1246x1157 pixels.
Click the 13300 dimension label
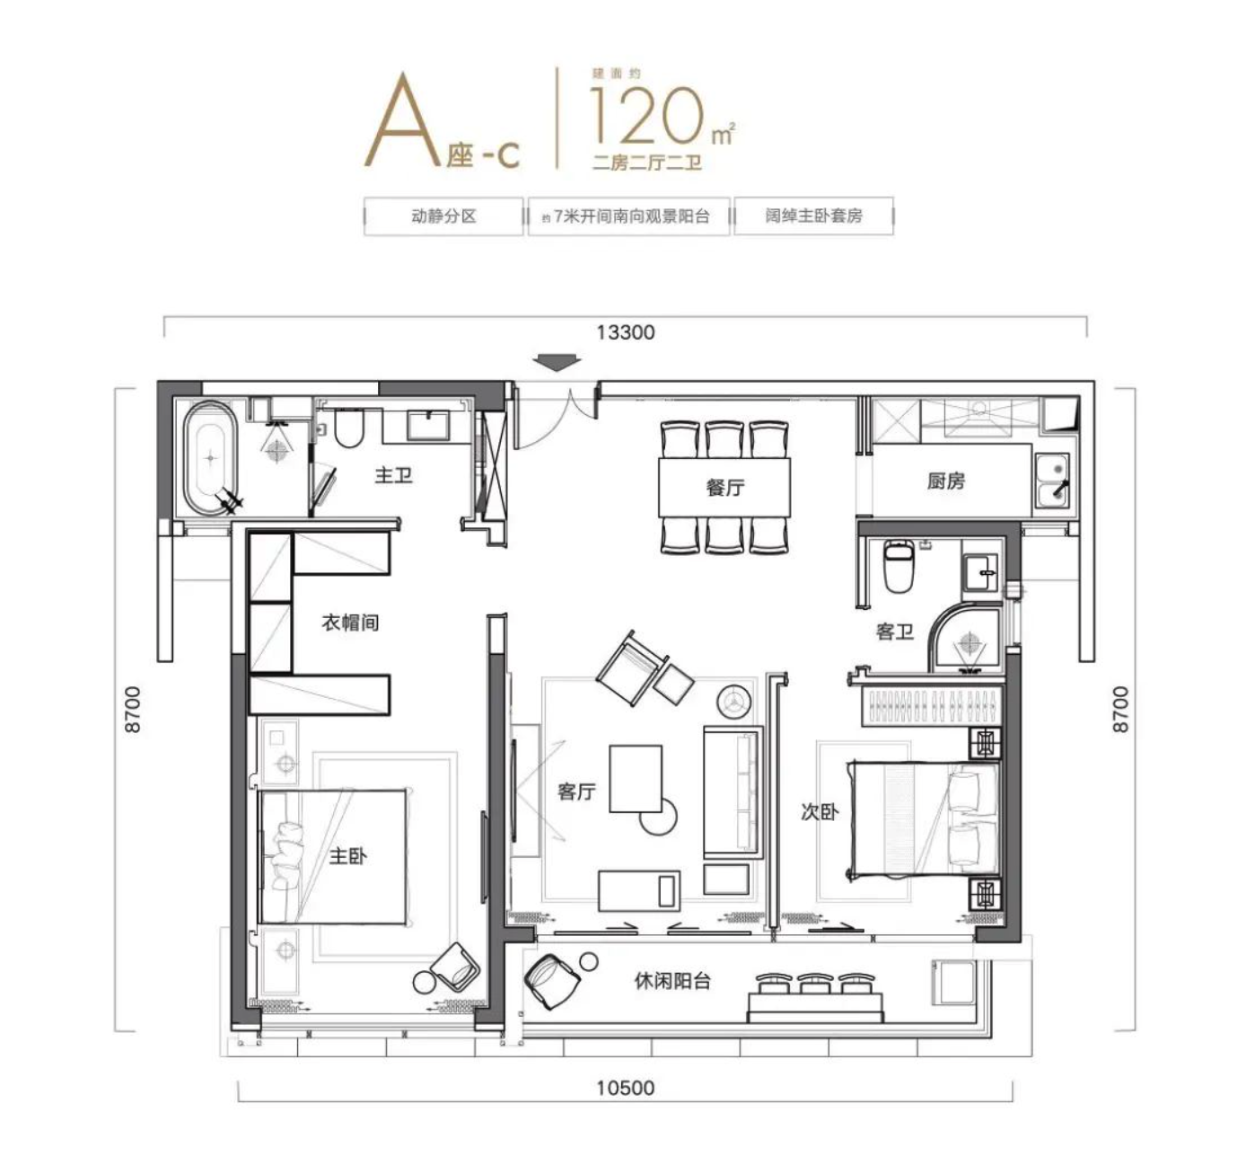click(x=626, y=332)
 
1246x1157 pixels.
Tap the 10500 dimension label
click(x=626, y=1088)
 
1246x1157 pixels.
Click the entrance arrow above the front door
click(x=557, y=362)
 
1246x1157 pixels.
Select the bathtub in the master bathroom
click(x=211, y=457)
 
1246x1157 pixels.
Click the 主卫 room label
click(x=393, y=474)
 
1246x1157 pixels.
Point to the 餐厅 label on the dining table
click(x=725, y=488)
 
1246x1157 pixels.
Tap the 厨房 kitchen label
click(x=946, y=481)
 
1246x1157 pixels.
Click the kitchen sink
click(x=1051, y=481)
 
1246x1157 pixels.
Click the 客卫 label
click(x=894, y=632)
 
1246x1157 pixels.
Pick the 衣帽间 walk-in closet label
click(x=350, y=622)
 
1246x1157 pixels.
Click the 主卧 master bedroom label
click(x=347, y=855)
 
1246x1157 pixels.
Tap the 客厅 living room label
click(x=576, y=791)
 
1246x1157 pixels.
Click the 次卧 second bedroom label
click(x=819, y=812)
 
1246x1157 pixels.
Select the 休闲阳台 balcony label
click(x=672, y=981)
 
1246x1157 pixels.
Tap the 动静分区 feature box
click(x=443, y=216)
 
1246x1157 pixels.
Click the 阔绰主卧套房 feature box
click(x=813, y=216)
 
